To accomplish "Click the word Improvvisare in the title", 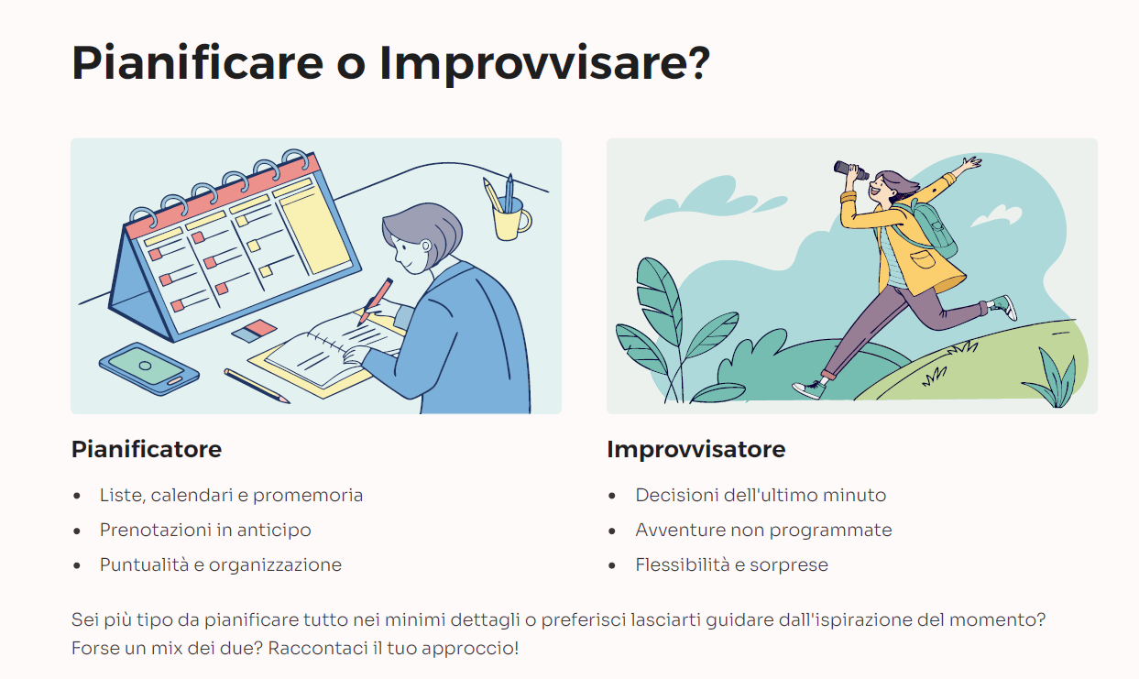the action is tap(535, 64).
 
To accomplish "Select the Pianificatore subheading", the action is tap(147, 449).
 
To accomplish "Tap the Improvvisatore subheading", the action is tap(696, 449).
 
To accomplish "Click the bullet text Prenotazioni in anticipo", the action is tap(205, 530).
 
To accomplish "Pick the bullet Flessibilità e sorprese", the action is tap(732, 564).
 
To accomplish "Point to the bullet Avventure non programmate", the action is tap(763, 530).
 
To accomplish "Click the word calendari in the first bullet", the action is tap(192, 496).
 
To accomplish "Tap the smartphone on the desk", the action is tap(149, 368).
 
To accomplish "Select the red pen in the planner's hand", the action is tap(376, 301).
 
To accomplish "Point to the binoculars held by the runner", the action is tap(850, 170).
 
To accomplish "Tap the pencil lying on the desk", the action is tap(257, 386).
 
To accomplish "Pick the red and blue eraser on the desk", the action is tap(254, 331).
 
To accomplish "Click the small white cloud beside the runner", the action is tap(996, 215).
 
